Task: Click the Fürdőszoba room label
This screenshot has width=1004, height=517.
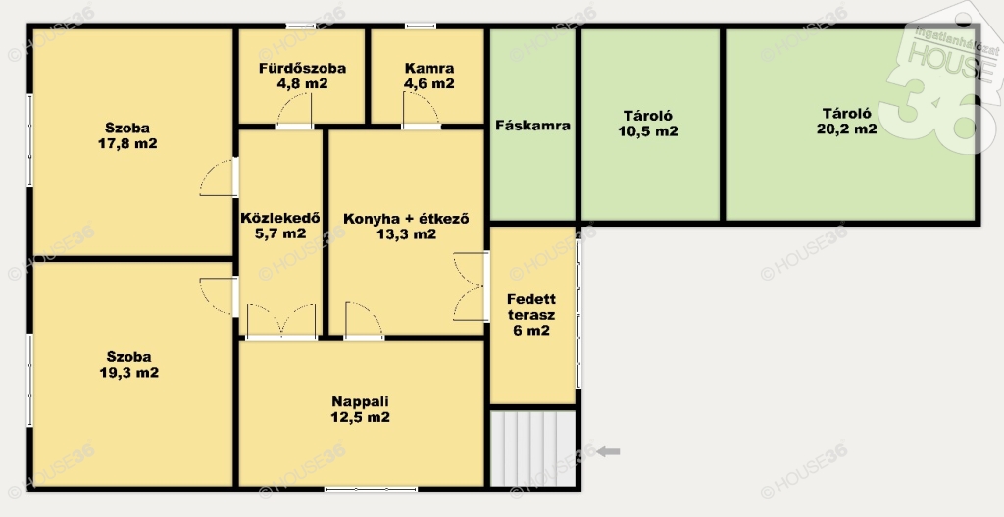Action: pos(302,68)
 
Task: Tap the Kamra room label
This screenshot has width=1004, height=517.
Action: pos(429,68)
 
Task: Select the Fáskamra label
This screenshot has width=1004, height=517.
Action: pos(532,126)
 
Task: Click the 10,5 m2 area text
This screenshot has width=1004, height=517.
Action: pos(648,131)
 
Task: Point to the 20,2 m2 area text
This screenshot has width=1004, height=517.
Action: pos(846,129)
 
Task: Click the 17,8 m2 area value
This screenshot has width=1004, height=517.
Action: pos(127,143)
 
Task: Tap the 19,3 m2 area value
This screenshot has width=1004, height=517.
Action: pos(128,373)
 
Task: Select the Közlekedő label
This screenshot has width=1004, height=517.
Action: pos(279,218)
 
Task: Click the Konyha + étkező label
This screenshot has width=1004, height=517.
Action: pos(406,219)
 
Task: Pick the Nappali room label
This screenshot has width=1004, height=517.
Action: pos(360,401)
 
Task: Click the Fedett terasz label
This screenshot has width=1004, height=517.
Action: pos(531,307)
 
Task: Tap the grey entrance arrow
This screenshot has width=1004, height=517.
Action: pos(608,451)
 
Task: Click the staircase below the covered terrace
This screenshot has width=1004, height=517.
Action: pos(532,447)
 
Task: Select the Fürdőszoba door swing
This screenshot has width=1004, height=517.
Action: pos(294,110)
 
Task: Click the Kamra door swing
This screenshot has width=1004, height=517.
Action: pos(421,110)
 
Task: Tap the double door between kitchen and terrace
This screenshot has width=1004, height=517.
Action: pos(471,286)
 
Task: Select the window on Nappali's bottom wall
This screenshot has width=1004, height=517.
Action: pos(371,490)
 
